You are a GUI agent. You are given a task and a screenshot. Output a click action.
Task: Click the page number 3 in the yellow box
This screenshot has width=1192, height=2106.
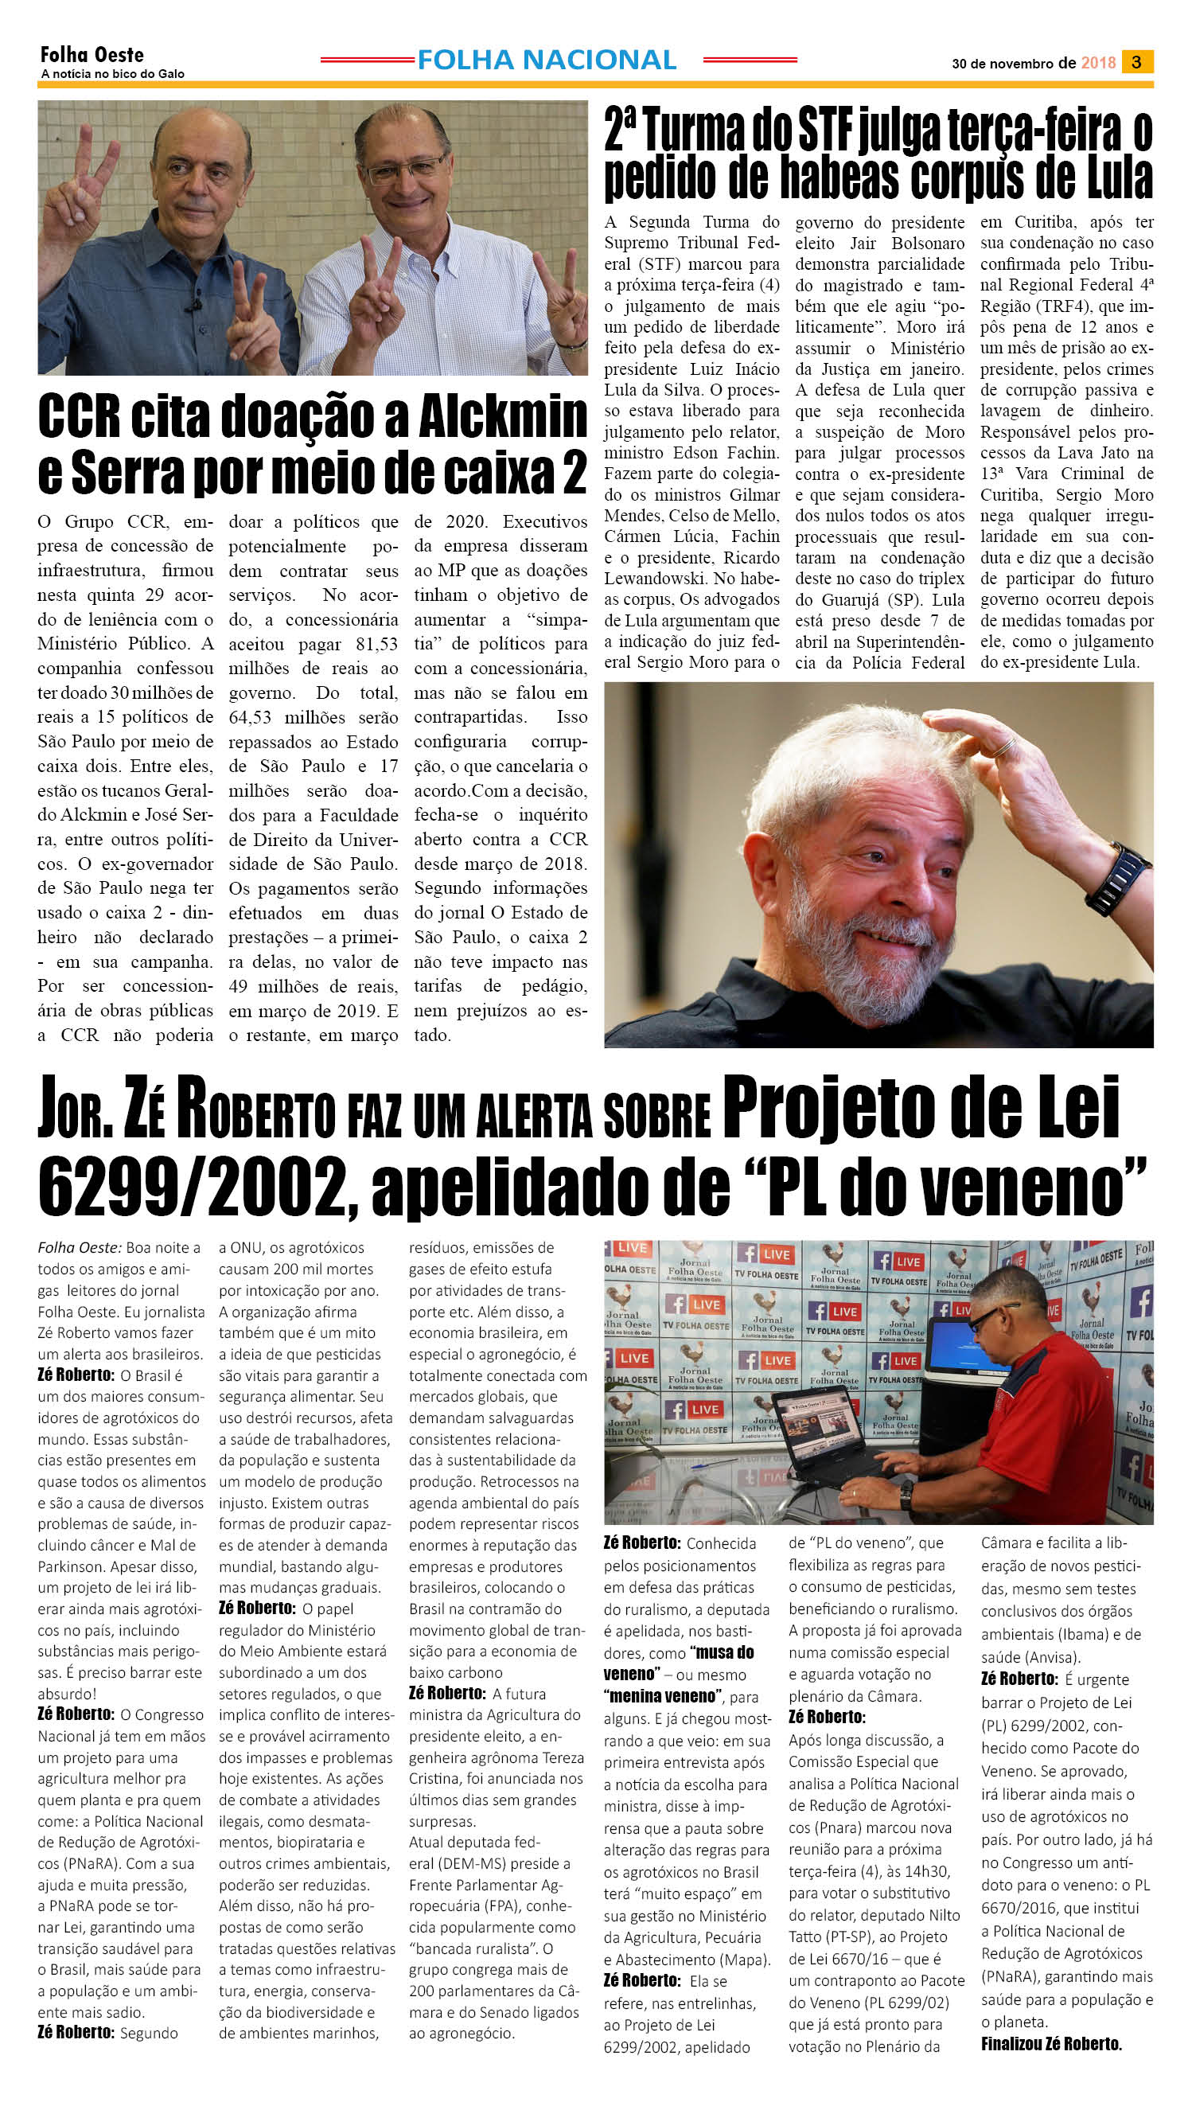1136,62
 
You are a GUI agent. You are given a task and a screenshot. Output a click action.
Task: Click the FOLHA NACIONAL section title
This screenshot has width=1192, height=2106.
546,60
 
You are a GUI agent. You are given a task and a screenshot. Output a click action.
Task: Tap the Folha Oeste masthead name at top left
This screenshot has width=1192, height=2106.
92,55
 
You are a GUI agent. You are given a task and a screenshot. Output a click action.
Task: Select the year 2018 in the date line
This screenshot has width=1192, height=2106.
1098,63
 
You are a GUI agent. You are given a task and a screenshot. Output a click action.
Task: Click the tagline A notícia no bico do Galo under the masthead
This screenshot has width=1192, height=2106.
112,74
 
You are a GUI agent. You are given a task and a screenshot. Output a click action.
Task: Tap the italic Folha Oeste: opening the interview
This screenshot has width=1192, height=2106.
79,1248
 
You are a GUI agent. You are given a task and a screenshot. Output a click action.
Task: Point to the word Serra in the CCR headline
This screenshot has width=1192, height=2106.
127,473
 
